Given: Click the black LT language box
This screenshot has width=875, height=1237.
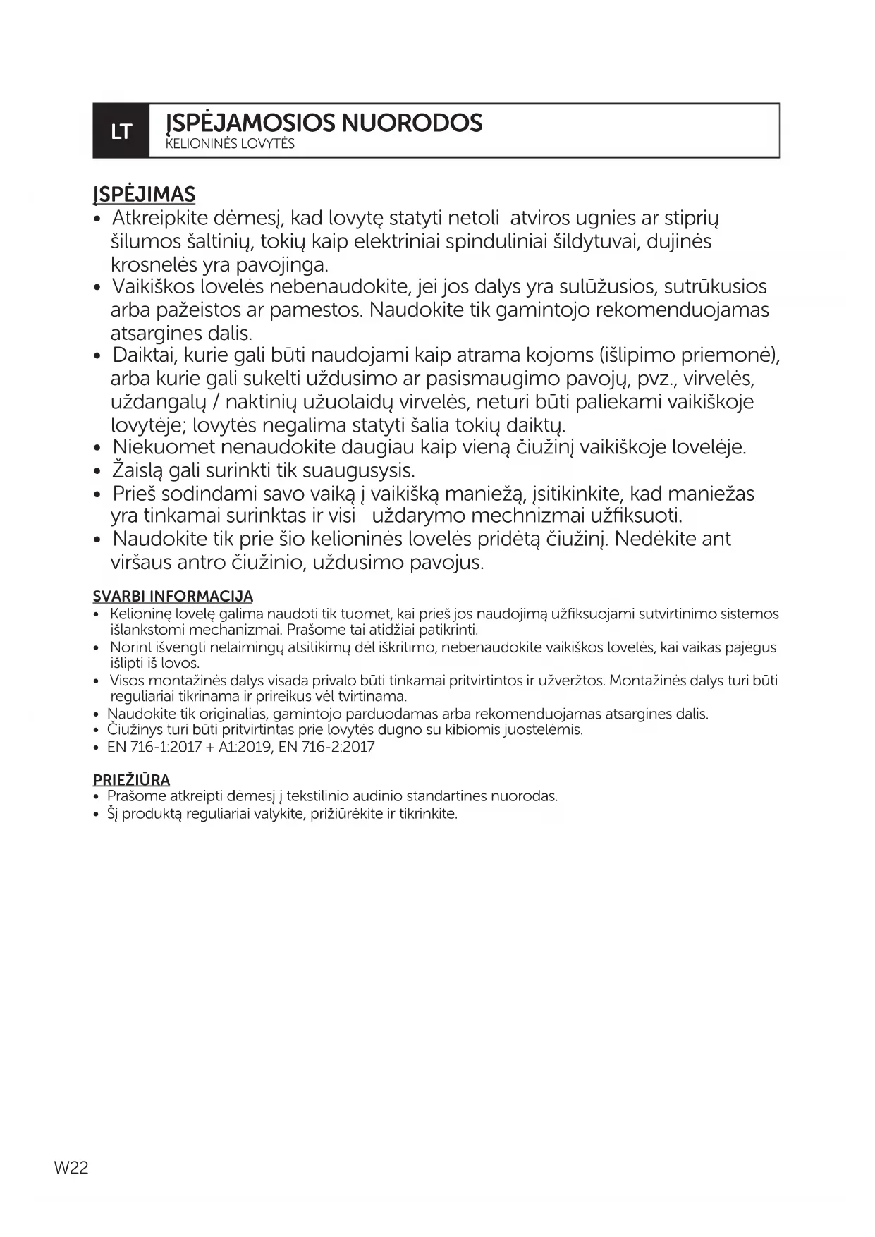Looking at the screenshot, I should pyautogui.click(x=121, y=131).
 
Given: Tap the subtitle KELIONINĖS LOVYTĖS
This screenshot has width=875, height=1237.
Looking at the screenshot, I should pyautogui.click(x=230, y=145).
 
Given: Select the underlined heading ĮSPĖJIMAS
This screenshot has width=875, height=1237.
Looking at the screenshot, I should pyautogui.click(x=144, y=195).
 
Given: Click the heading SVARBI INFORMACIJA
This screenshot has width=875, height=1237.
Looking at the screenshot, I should pyautogui.click(x=173, y=597).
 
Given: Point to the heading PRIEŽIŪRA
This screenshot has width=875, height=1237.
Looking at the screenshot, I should pyautogui.click(x=131, y=780).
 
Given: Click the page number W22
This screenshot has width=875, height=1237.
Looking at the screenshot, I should pyautogui.click(x=71, y=1167).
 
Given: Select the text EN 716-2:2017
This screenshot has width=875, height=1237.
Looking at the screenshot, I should pyautogui.click(x=326, y=747).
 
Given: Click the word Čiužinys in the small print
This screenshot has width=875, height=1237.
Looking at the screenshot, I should pyautogui.click(x=135, y=730).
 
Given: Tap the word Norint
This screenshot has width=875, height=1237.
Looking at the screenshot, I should pyautogui.click(x=128, y=647).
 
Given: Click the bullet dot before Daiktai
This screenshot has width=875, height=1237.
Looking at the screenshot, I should pyautogui.click(x=99, y=355).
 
